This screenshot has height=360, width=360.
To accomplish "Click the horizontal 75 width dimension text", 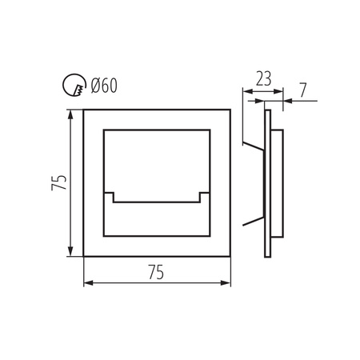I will click(156, 272).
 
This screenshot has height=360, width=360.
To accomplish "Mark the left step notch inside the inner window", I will click(112, 197).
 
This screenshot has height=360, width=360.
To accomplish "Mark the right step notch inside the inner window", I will click(202, 197).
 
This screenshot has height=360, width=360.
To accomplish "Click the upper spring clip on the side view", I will click(254, 146).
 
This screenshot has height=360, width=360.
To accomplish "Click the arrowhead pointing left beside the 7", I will click(287, 101).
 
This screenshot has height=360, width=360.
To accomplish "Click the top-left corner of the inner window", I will click(104, 128).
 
